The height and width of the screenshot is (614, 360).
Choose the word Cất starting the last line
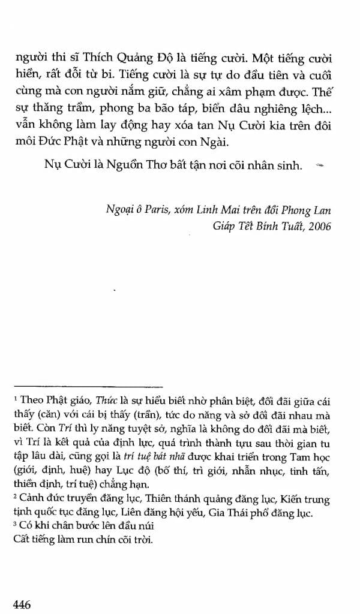[22, 541]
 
